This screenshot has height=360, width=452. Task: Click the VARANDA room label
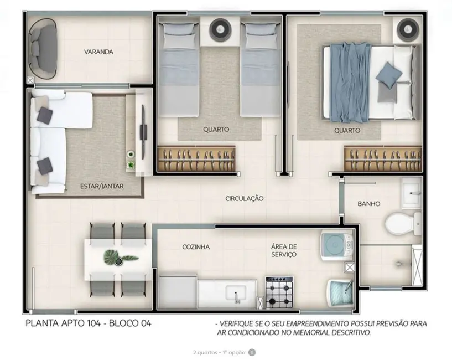(x=98, y=52)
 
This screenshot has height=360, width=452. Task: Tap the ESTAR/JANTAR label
(x=102, y=187)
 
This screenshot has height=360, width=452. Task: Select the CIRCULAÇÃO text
(x=245, y=198)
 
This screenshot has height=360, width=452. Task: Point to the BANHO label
(x=368, y=204)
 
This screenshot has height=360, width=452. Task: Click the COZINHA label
(x=196, y=247)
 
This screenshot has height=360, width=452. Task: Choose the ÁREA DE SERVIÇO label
(x=284, y=250)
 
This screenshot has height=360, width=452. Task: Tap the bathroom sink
(x=411, y=192)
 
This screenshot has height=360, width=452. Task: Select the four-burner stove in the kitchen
(x=280, y=292)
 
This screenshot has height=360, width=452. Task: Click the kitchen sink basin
(x=233, y=294)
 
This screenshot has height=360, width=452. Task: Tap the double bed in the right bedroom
(x=367, y=83)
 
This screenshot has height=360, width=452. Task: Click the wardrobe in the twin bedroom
(x=196, y=160)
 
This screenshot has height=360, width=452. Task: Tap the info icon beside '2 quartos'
(x=252, y=352)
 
